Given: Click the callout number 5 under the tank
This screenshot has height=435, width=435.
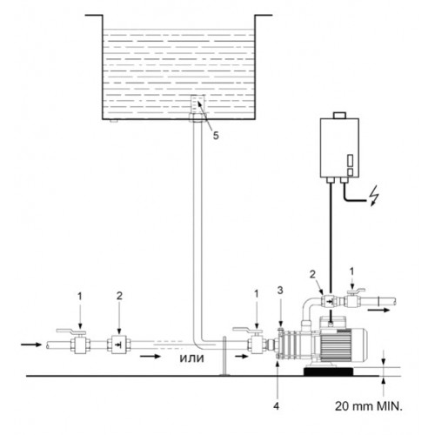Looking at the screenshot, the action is pyautogui.click(x=216, y=136).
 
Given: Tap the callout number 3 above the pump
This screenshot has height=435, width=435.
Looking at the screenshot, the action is pyautogui.click(x=280, y=291).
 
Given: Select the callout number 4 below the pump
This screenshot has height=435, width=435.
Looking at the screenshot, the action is pyautogui.click(x=277, y=406).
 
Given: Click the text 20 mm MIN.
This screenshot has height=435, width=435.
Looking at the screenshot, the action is pyautogui.click(x=369, y=406).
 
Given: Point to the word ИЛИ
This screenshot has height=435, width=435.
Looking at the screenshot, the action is pyautogui.click(x=192, y=358).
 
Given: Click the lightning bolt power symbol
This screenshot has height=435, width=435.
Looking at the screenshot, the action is pyautogui.click(x=374, y=195).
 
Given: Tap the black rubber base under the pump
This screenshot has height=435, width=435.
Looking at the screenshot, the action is pyautogui.click(x=329, y=371).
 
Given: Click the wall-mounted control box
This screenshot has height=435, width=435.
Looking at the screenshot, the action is pyautogui.click(x=339, y=148).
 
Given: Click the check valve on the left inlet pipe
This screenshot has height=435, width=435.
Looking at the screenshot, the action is pyautogui.click(x=119, y=345).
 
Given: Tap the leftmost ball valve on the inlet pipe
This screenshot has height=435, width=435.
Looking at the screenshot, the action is pyautogui.click(x=80, y=341).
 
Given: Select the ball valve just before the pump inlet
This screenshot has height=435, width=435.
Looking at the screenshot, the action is pyautogui.click(x=255, y=341).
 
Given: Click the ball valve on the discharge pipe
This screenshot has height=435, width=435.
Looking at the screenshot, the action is pyautogui.click(x=352, y=299).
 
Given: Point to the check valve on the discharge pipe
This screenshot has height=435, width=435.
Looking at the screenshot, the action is pyautogui.click(x=330, y=302).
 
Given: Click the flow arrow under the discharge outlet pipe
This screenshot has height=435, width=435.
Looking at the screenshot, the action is pyautogui.click(x=378, y=310).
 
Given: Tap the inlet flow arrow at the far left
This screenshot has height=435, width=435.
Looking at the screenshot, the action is pyautogui.click(x=31, y=345).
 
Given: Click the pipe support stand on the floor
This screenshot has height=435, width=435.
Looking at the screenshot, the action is pyautogui.click(x=224, y=356).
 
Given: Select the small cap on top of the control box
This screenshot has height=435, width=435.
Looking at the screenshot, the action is pyautogui.click(x=339, y=115).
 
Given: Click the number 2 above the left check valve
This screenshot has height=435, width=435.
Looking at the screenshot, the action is pyautogui.click(x=119, y=296).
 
